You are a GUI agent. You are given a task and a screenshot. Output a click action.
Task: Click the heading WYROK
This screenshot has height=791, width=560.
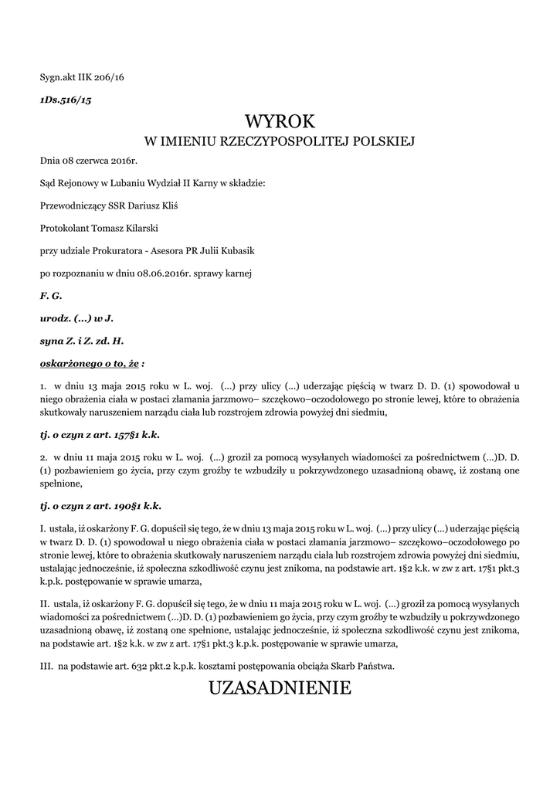pyautogui.click(x=280, y=121)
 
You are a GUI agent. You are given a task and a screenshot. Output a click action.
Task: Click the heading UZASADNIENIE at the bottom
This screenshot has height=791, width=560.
pyautogui.click(x=280, y=687)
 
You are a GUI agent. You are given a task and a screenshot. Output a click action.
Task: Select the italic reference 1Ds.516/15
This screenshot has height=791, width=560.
pyautogui.click(x=66, y=101)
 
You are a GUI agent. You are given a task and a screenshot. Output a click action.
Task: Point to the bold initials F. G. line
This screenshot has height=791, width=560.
pyautogui.click(x=51, y=296)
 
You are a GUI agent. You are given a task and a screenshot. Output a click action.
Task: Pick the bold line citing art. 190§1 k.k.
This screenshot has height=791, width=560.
pyautogui.click(x=100, y=506)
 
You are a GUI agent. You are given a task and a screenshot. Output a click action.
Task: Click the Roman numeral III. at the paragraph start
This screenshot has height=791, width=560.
pyautogui.click(x=47, y=665)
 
